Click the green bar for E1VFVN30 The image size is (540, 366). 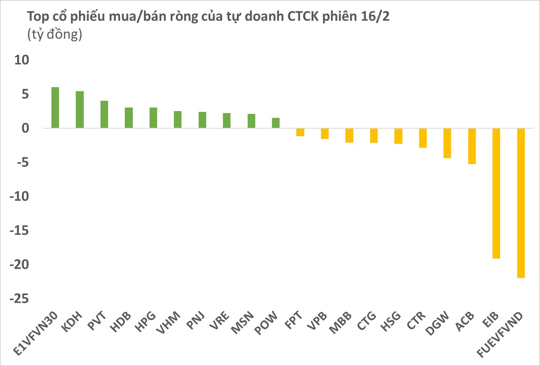pos(55,108)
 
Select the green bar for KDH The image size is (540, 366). pos(80,110)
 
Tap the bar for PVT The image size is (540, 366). pos(104,114)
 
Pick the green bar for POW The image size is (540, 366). pos(276,123)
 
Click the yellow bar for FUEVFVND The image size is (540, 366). pos(521,203)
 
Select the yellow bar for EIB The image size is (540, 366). pos(496,193)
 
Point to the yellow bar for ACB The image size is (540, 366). pos(472,146)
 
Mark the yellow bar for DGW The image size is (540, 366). pos(447,143)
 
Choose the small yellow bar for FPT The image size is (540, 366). pos(300,132)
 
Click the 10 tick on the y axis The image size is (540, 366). pos(22,60)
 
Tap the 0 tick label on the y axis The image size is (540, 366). pos(26,128)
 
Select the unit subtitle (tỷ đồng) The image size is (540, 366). pos(55,34)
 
